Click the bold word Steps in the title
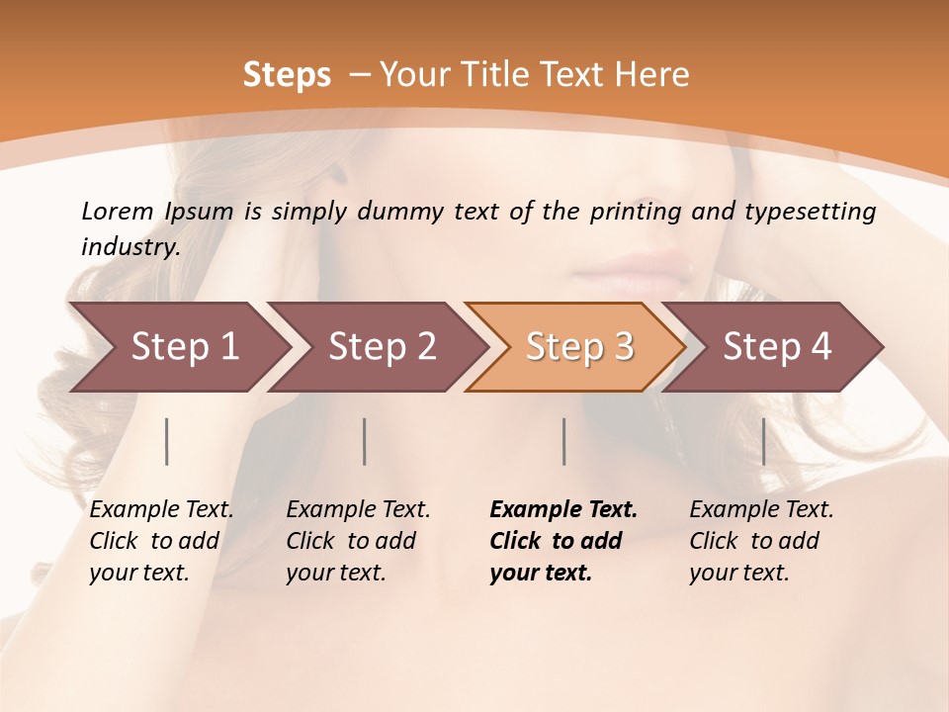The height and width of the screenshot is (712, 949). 287,74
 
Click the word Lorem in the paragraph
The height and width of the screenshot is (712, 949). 117,211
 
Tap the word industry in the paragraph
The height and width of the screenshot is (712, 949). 129,246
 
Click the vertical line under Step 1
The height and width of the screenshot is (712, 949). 167,441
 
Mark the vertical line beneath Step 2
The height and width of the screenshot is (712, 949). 365,441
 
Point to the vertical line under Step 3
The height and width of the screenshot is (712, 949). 563,441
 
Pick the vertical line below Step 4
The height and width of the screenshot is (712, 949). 763,441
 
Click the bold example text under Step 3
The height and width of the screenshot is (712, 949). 561,541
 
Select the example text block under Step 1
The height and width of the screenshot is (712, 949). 160,541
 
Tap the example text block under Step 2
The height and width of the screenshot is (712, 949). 357,541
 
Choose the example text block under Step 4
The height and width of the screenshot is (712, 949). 760,541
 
